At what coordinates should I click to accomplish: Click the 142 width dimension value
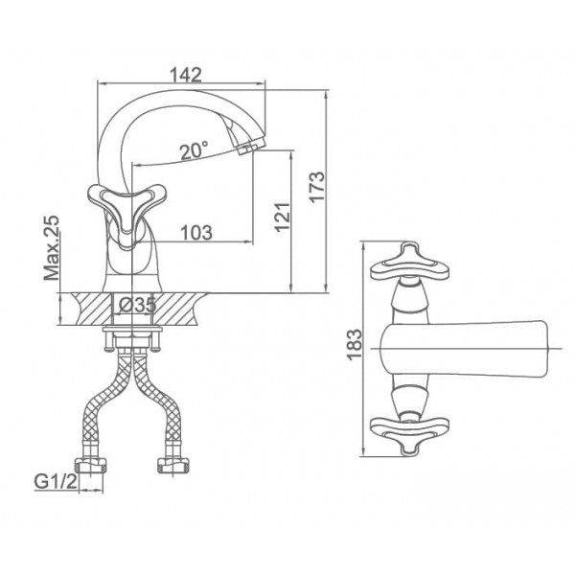186,75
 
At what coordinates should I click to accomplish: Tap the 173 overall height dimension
316,186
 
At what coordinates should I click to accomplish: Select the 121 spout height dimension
283,217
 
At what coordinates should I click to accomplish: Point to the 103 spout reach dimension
196,233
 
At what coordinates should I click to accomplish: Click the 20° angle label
195,150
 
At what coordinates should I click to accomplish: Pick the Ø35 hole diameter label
138,305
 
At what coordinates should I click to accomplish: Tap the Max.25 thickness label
51,248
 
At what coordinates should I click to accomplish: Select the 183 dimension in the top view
355,345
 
